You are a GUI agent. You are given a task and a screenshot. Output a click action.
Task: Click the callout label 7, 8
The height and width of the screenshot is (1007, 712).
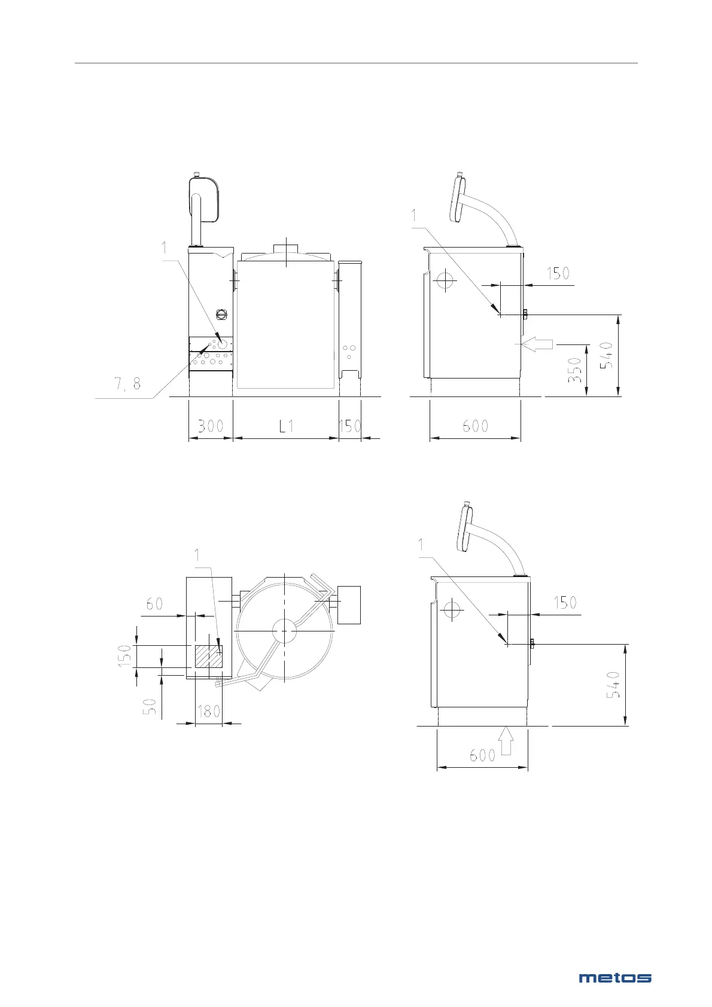pyautogui.click(x=127, y=383)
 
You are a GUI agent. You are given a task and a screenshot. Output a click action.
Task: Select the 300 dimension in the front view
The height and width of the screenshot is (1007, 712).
pyautogui.click(x=211, y=426)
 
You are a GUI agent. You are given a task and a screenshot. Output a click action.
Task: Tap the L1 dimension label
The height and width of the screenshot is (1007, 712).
pyautogui.click(x=287, y=426)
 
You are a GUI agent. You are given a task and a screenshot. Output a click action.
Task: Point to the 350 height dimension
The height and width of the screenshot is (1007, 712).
pyautogui.click(x=575, y=370)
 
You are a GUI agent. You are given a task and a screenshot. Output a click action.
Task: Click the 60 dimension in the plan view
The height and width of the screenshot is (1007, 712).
pyautogui.click(x=154, y=603)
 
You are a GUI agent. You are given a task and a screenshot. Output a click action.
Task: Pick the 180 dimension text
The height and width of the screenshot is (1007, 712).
pyautogui.click(x=209, y=711)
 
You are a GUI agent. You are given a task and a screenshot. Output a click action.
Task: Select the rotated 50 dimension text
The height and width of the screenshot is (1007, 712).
pyautogui.click(x=152, y=706)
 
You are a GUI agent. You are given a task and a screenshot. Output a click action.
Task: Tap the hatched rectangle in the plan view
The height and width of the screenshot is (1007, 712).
pyautogui.click(x=208, y=657)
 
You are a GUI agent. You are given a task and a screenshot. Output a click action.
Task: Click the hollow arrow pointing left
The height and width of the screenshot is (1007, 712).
pyautogui.click(x=537, y=344)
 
